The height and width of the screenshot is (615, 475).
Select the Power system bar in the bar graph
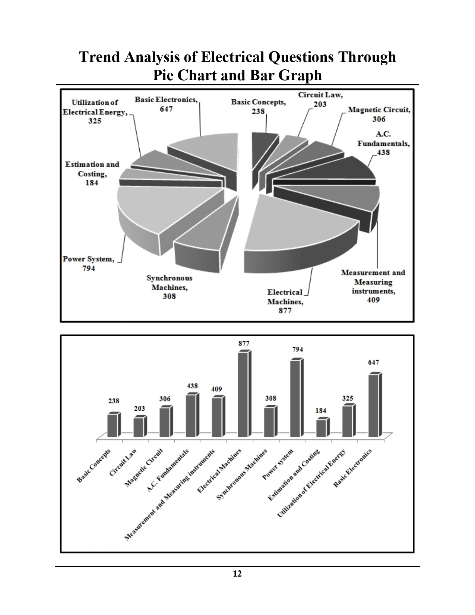pos(295,398)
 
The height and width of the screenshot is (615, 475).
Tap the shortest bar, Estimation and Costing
pos(321,428)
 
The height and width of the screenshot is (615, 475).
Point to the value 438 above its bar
pos(192,386)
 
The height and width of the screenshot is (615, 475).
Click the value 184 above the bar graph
pos(321,410)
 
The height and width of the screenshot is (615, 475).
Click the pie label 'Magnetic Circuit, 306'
pos(379,114)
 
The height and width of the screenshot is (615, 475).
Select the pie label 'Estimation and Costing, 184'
pos(92,173)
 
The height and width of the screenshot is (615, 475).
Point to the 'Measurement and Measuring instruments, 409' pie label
pos(373,286)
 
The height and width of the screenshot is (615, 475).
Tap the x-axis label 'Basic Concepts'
pos(94,466)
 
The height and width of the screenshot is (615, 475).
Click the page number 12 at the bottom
pos(237,574)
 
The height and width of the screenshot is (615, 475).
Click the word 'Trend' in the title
pos(99,57)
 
